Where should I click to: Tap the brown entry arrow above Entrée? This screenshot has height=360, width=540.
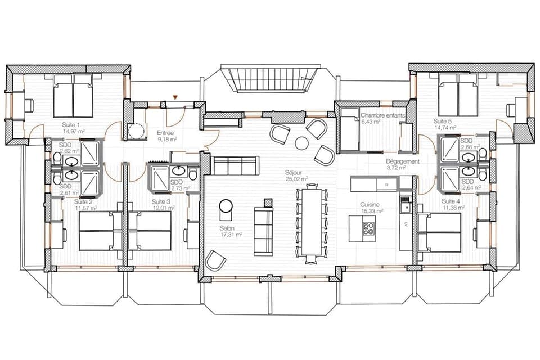click(x=175, y=98)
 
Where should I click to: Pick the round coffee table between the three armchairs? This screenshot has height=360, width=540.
click(x=302, y=143)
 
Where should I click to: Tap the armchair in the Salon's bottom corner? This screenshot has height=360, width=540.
click(x=215, y=260)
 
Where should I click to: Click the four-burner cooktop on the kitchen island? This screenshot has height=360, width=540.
click(x=368, y=228)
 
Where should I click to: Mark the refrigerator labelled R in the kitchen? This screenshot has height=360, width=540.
click(x=386, y=184)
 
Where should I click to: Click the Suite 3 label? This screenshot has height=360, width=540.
click(x=161, y=201)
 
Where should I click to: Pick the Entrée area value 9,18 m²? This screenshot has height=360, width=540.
click(x=167, y=140)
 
